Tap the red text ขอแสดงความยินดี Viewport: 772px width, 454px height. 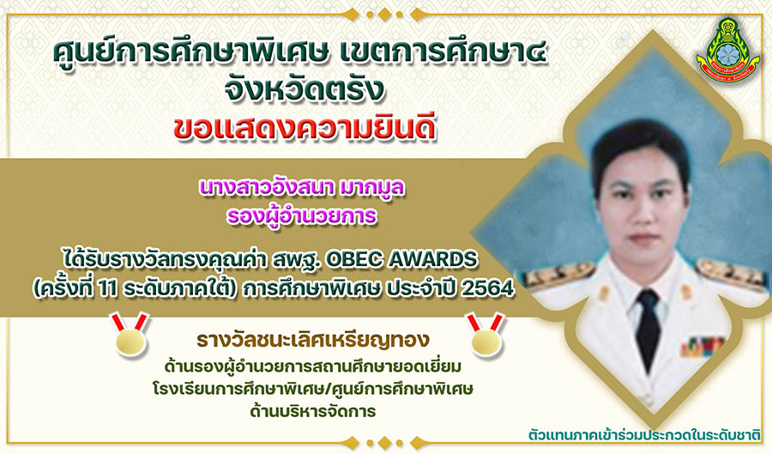pyautogui.click(x=305, y=129)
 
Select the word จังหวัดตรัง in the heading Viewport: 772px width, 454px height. pyautogui.click(x=304, y=89)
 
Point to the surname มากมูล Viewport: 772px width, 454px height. pyautogui.click(x=371, y=188)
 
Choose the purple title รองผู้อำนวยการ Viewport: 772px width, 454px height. pyautogui.click(x=302, y=216)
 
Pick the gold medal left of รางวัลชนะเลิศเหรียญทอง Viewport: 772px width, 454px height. pyautogui.click(x=130, y=335)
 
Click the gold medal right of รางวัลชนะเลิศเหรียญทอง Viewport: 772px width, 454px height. pyautogui.click(x=486, y=335)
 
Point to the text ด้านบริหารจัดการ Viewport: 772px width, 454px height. pyautogui.click(x=312, y=411)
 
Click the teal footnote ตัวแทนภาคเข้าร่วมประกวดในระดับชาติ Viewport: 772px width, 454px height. pyautogui.click(x=644, y=435)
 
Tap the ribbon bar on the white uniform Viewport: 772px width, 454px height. pyautogui.click(x=702, y=346)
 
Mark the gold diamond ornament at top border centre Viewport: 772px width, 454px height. pyautogui.click(x=385, y=15)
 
